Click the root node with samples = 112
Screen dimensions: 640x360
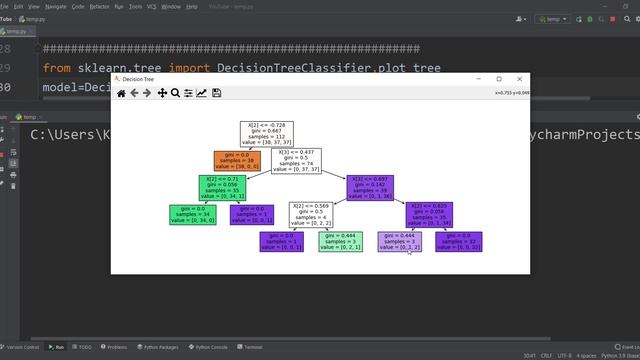(x=268, y=135)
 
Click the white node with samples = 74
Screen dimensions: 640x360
(x=296, y=161)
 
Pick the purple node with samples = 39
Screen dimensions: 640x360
(x=369, y=187)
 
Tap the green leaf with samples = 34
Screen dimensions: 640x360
(x=193, y=214)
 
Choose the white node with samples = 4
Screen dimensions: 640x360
(x=310, y=214)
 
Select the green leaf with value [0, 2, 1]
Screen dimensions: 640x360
(x=340, y=241)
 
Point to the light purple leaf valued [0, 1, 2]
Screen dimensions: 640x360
(x=399, y=241)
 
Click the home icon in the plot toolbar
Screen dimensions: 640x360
(x=121, y=93)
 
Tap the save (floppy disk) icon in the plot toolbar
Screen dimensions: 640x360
(x=216, y=93)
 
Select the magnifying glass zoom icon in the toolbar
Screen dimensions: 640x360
(x=175, y=93)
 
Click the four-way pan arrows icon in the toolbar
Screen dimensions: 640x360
(x=162, y=93)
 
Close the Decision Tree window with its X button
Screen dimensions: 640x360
(x=520, y=79)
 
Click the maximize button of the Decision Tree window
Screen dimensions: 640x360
(x=499, y=79)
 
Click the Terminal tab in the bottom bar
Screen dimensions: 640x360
(x=250, y=347)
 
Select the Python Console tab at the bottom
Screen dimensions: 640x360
(x=207, y=347)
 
